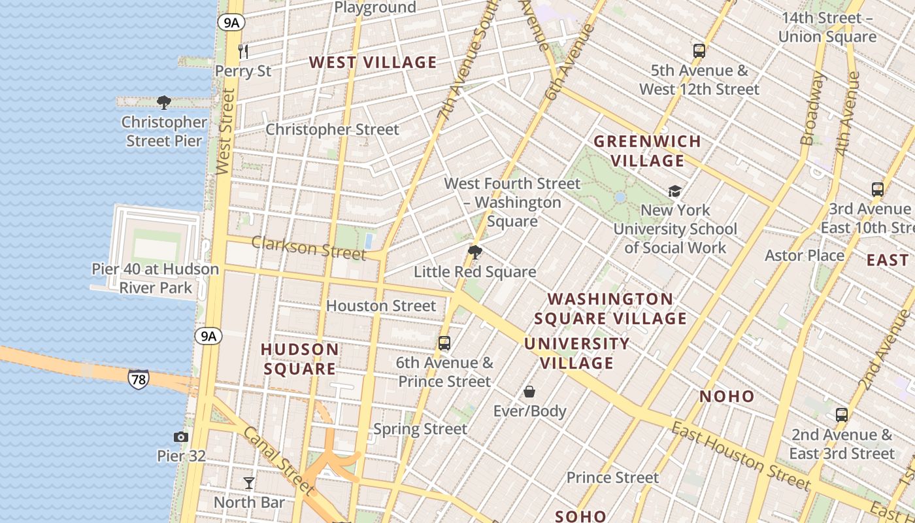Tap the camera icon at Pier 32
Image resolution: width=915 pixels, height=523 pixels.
(x=181, y=437)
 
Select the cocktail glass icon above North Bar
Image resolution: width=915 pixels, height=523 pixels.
(x=249, y=483)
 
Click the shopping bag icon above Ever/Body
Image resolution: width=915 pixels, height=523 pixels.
(x=529, y=392)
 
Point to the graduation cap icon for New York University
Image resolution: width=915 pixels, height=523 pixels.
(x=674, y=191)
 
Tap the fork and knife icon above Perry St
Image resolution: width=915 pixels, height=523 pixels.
(x=243, y=51)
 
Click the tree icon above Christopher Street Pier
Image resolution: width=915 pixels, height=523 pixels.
(x=164, y=103)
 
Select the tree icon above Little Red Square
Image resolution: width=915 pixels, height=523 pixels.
(x=475, y=252)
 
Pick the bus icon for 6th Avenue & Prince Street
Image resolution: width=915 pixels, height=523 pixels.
(x=444, y=343)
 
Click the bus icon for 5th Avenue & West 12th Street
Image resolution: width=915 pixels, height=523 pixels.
(x=699, y=51)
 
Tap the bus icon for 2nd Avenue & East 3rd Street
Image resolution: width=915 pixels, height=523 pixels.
(x=842, y=415)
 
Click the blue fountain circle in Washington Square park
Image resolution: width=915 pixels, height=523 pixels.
(x=620, y=197)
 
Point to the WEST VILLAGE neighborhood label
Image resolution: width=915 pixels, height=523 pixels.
(x=373, y=63)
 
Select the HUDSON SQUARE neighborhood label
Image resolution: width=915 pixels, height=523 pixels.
(x=300, y=359)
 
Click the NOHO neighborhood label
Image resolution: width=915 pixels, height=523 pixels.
(x=727, y=396)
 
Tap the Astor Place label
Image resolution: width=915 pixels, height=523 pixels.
(x=805, y=256)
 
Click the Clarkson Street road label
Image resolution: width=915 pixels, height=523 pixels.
(x=309, y=248)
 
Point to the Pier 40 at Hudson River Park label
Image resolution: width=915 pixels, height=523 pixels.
(x=156, y=278)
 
